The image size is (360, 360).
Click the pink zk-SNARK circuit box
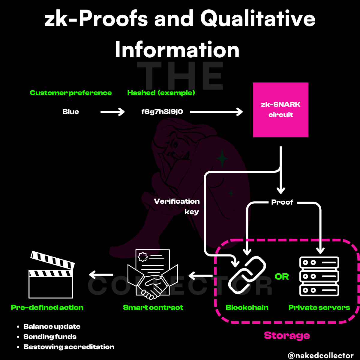(x=280, y=110)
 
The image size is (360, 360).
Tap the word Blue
(x=71, y=112)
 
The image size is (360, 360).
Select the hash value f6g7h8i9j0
(x=162, y=112)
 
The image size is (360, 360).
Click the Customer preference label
(x=71, y=93)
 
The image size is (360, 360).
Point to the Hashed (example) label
(x=161, y=93)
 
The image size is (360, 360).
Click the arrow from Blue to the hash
(x=112, y=112)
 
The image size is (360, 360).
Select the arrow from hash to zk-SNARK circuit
(x=216, y=112)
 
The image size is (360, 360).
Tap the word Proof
(x=282, y=202)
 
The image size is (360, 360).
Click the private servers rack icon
(x=319, y=276)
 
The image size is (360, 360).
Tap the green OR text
(x=282, y=277)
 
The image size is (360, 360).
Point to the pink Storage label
(x=287, y=335)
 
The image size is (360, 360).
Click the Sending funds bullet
(x=50, y=337)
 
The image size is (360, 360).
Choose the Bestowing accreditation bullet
(x=69, y=347)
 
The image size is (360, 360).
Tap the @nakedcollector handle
(x=321, y=355)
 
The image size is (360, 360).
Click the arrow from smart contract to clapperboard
(x=101, y=274)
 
